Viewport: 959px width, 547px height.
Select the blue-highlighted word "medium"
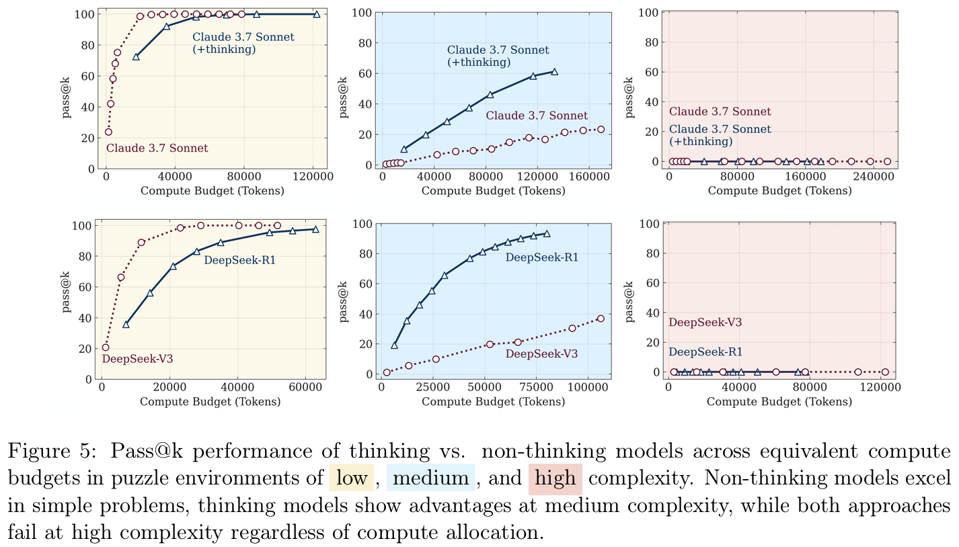[431, 478]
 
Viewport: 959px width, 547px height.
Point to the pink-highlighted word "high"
[555, 478]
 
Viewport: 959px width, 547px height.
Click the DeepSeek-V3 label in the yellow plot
[137, 359]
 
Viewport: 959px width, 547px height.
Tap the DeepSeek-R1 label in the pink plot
[705, 351]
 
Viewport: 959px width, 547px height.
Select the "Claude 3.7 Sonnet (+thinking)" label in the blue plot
[498, 56]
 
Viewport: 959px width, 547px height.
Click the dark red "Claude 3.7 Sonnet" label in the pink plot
[720, 112]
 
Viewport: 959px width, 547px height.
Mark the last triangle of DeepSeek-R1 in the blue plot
[547, 234]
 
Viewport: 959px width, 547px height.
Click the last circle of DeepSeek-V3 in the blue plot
[601, 319]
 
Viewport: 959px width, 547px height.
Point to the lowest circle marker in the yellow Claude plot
[108, 132]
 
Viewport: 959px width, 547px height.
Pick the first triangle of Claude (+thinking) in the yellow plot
[136, 57]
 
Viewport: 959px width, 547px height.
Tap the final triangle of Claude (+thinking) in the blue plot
[554, 71]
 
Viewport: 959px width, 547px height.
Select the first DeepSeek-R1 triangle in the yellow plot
[126, 325]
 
